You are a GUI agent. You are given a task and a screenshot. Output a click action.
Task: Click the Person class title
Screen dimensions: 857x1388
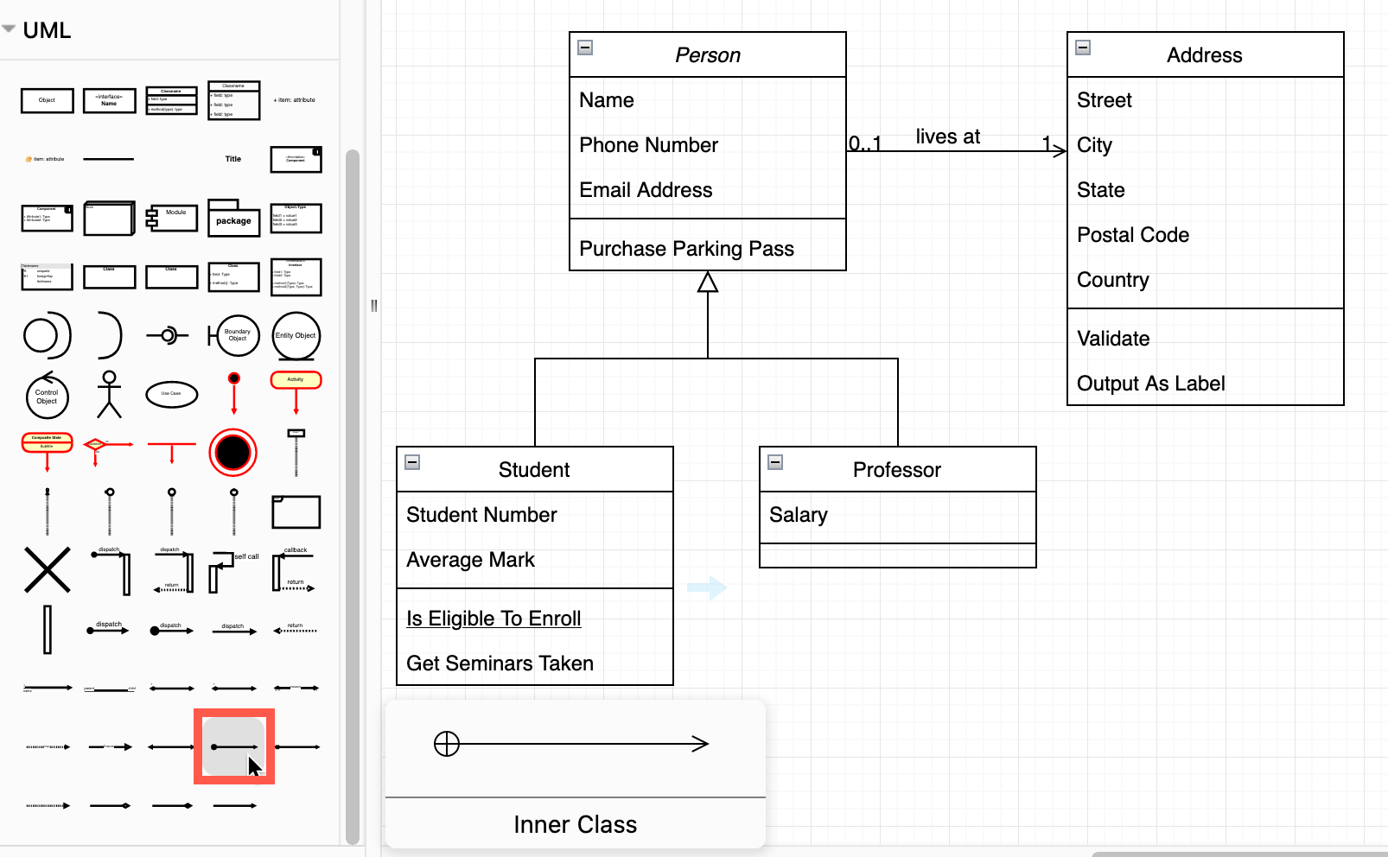pyautogui.click(x=707, y=55)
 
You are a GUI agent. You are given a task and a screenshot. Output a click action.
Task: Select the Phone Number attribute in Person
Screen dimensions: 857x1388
pyautogui.click(x=648, y=145)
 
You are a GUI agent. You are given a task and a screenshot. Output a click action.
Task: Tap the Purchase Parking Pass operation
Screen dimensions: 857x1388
pyautogui.click(x=686, y=249)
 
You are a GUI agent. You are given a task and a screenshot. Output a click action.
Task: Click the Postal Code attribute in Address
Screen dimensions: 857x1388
pyautogui.click(x=1132, y=235)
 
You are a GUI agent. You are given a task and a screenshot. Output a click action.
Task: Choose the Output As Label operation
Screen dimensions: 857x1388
pyautogui.click(x=1150, y=384)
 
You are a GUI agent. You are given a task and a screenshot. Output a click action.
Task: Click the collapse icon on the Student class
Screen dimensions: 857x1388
pyautogui.click(x=413, y=462)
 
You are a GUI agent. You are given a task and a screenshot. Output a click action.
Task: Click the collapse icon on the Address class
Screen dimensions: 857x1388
pyautogui.click(x=1083, y=48)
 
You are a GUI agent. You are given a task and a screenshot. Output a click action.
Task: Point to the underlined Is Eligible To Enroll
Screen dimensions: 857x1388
pyautogui.click(x=493, y=619)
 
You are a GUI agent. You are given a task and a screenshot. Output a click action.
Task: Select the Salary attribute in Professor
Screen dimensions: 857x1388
pyautogui.click(x=798, y=515)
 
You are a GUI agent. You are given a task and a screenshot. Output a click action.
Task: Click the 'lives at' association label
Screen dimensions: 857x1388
pyautogui.click(x=947, y=136)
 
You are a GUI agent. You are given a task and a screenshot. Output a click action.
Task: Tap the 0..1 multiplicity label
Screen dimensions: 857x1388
pyautogui.click(x=864, y=143)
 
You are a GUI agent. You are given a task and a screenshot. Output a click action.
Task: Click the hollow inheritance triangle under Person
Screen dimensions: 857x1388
pyautogui.click(x=708, y=282)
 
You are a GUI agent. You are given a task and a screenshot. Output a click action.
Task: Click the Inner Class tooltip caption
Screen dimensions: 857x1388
pyautogui.click(x=575, y=824)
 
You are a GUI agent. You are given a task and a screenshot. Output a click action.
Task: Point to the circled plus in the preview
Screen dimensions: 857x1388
pyautogui.click(x=447, y=744)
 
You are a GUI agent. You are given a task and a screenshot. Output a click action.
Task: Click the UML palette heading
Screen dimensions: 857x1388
pyautogui.click(x=47, y=30)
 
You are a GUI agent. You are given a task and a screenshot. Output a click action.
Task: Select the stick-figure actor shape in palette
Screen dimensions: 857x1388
pyautogui.click(x=109, y=394)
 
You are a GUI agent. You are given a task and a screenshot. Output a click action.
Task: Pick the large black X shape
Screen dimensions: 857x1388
pyautogui.click(x=48, y=570)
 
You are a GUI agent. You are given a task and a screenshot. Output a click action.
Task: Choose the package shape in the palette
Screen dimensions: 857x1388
pyautogui.click(x=233, y=219)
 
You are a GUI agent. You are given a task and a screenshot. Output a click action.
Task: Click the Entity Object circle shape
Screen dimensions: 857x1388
pyautogui.click(x=296, y=335)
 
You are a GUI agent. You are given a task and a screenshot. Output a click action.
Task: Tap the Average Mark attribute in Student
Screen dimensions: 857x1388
pyautogui.click(x=470, y=560)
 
